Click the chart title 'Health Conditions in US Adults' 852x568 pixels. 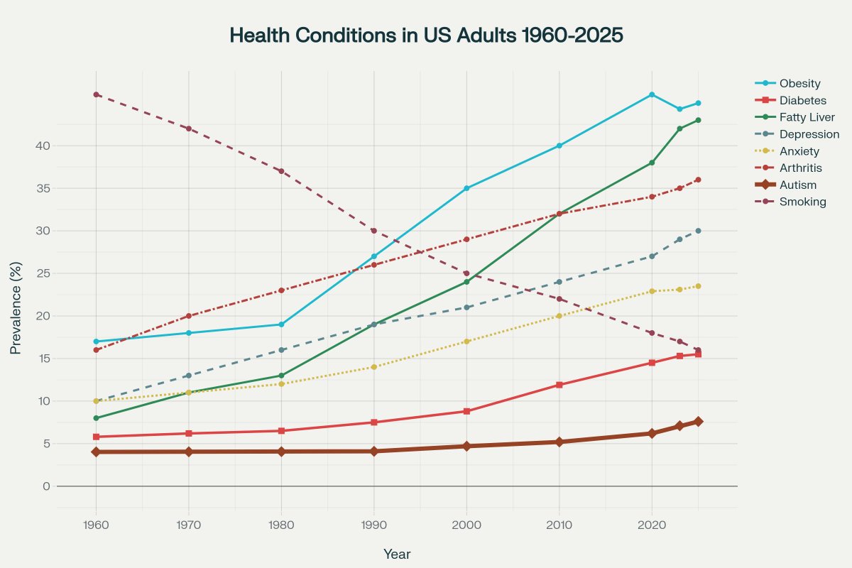coord(426,35)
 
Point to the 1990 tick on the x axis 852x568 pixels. coord(373,526)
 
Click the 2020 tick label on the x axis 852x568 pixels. coord(652,526)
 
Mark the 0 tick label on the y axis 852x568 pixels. coord(46,486)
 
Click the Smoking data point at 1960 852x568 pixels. coord(96,94)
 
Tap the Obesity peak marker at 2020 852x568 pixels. coord(652,94)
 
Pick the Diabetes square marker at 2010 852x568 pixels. coord(559,385)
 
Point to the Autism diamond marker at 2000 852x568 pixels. coord(466,446)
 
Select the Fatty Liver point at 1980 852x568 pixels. coord(281,376)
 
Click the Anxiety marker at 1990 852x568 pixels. coord(373,367)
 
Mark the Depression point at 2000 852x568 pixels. coord(466,307)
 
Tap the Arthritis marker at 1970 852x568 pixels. coord(188,316)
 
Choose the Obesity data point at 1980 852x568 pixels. coord(281,324)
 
